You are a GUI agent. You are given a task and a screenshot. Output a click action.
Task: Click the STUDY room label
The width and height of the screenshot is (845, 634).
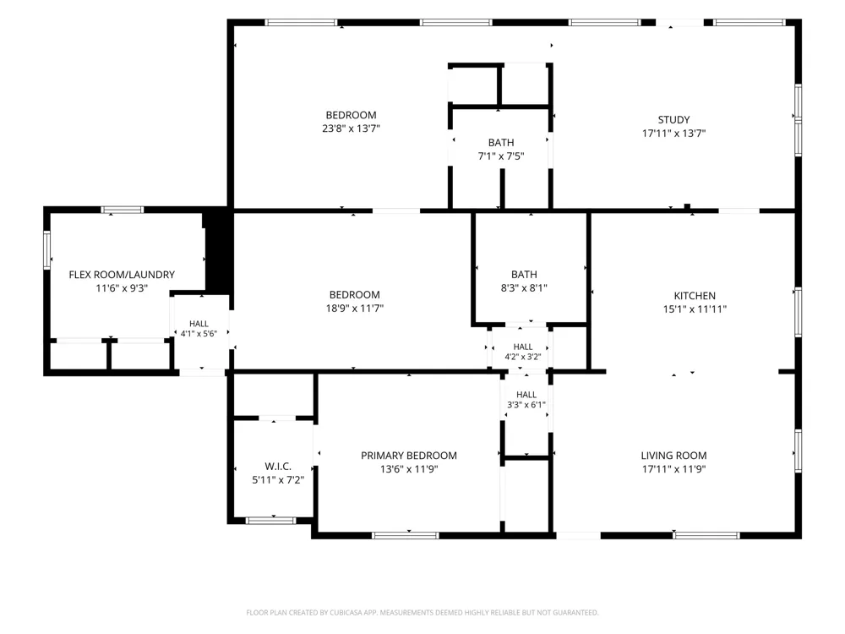click(673, 120)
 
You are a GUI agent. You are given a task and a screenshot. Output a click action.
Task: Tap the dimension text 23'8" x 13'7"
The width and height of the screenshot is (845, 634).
click(351, 128)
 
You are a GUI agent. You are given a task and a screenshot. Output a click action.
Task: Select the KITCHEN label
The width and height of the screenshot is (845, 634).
click(695, 295)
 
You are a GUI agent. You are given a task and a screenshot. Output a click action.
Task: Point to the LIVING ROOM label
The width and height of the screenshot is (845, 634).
click(673, 456)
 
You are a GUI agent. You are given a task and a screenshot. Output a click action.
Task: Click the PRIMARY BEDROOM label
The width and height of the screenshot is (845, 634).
click(408, 456)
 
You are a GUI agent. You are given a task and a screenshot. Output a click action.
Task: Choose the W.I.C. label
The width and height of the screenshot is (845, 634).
click(278, 467)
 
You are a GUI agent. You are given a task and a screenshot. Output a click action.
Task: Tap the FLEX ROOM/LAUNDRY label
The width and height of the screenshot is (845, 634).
click(122, 275)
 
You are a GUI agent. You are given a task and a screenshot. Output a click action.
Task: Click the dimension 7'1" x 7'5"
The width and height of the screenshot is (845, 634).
click(501, 156)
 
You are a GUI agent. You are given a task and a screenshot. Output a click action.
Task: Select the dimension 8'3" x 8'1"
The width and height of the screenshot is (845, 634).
click(524, 288)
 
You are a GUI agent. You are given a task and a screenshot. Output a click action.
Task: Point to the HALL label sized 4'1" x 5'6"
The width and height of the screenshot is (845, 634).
click(199, 324)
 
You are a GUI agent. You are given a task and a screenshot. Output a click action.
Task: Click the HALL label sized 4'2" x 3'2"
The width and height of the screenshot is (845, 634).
click(523, 347)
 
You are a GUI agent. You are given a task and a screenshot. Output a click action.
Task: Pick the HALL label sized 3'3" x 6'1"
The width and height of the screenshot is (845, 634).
click(526, 395)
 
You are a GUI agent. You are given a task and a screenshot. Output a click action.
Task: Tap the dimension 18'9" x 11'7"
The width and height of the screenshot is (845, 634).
click(355, 309)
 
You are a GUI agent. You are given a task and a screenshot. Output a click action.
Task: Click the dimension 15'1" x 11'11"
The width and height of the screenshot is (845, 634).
click(695, 309)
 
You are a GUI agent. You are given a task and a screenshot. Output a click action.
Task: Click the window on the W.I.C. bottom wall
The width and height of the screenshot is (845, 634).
click(270, 520)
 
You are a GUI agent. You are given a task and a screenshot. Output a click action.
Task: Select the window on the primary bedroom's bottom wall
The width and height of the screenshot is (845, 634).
click(406, 535)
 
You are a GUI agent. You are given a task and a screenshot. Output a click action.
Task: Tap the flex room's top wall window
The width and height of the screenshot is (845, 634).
click(123, 210)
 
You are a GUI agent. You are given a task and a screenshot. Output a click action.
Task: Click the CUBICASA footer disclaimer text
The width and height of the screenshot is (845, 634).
click(422, 612)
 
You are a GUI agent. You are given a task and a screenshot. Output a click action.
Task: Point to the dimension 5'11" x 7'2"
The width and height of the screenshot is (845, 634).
click(278, 480)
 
